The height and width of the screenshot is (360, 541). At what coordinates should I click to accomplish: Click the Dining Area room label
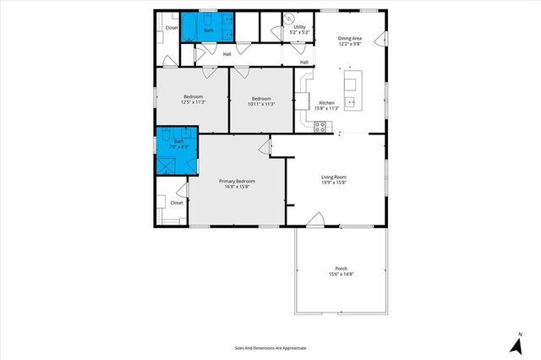click(x=350, y=39)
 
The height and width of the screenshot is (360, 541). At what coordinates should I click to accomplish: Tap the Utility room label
click(x=299, y=27)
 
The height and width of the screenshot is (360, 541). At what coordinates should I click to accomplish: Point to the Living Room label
click(x=333, y=177)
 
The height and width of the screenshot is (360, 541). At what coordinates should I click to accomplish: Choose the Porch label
click(x=341, y=270)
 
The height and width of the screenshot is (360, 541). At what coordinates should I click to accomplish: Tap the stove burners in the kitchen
click(x=320, y=126)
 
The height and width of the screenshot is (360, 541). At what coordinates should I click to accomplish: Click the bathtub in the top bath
click(x=220, y=24)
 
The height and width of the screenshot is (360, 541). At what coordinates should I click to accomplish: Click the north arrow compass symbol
click(x=516, y=344)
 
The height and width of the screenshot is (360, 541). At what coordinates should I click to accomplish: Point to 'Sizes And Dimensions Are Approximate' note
click(x=270, y=347)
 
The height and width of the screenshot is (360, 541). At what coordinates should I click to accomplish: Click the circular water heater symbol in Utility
click(x=288, y=19)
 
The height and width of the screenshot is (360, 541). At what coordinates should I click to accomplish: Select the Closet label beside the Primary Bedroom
click(x=177, y=203)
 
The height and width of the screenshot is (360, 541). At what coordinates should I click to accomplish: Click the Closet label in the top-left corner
click(x=172, y=28)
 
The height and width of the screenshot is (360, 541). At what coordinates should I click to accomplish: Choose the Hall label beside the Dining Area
click(x=304, y=62)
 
